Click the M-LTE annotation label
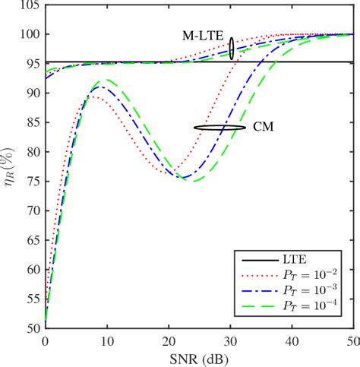pos(203,35)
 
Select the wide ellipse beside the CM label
pos(219,128)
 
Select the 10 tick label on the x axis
pos(106,342)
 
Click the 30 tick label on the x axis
pos(230,342)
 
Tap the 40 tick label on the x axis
pos(292,342)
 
